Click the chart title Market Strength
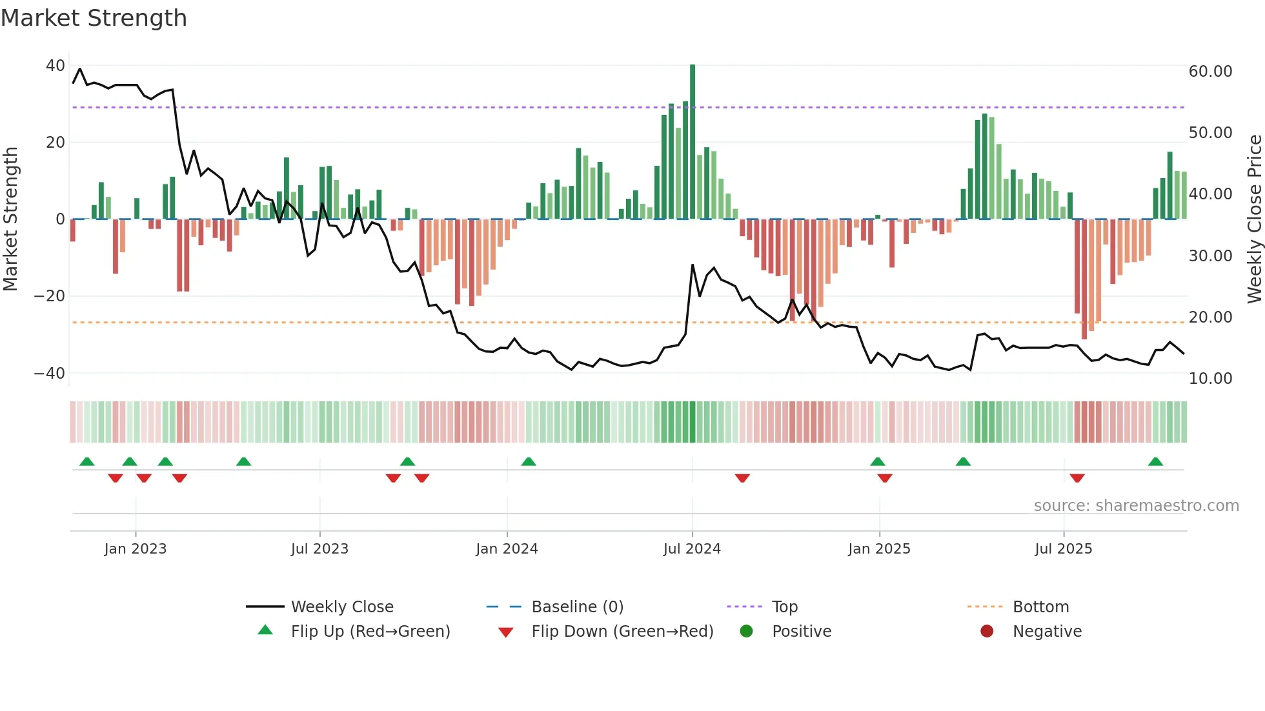pos(94,18)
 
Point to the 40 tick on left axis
pos(56,66)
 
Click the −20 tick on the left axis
pos(50,296)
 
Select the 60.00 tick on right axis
pos(1210,72)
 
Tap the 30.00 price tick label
pos(1210,256)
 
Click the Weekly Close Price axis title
pos(1254,219)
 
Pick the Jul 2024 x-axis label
pos(692,549)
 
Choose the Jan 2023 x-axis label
pos(136,549)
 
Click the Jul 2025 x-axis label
pos(1063,549)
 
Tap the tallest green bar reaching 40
pos(693,142)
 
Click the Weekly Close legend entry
pos(342,607)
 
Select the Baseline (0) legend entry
pos(577,607)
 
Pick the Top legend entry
pos(785,607)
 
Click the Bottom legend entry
pos(1040,607)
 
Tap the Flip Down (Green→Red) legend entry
pos(622,632)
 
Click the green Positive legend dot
pos(747,632)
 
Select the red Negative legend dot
pos(987,632)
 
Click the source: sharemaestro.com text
pos(1136,506)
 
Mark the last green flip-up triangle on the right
pos(1155,462)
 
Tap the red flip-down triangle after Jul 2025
pos(1077,478)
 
